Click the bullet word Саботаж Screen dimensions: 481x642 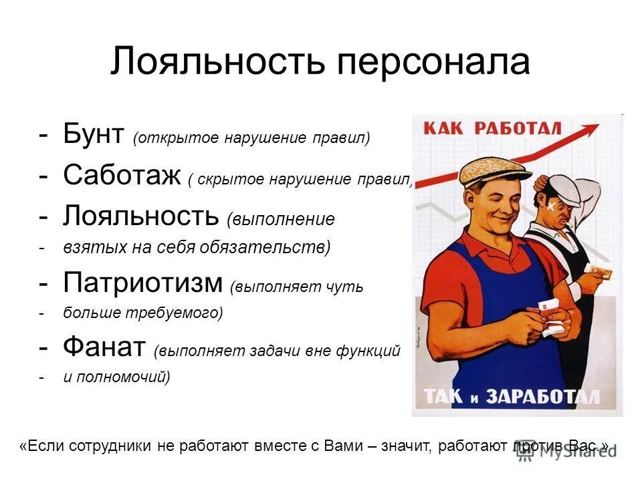coord(122,176)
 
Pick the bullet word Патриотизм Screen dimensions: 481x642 coord(142,283)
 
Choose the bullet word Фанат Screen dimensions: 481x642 coord(104,347)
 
